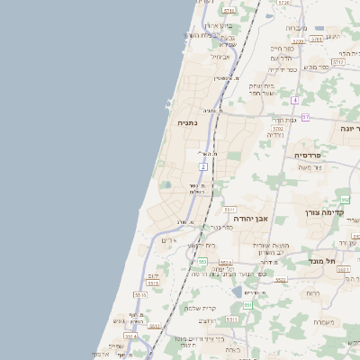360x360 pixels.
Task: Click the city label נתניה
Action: click(187, 122)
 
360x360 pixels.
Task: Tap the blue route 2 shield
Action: click(204, 167)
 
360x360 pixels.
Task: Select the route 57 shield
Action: click(305, 117)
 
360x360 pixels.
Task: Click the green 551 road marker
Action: click(247, 306)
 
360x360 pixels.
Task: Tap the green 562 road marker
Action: click(345, 200)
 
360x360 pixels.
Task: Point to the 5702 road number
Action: click(278, 129)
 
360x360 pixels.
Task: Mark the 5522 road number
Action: click(281, 280)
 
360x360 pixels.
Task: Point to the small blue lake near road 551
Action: click(237, 292)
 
